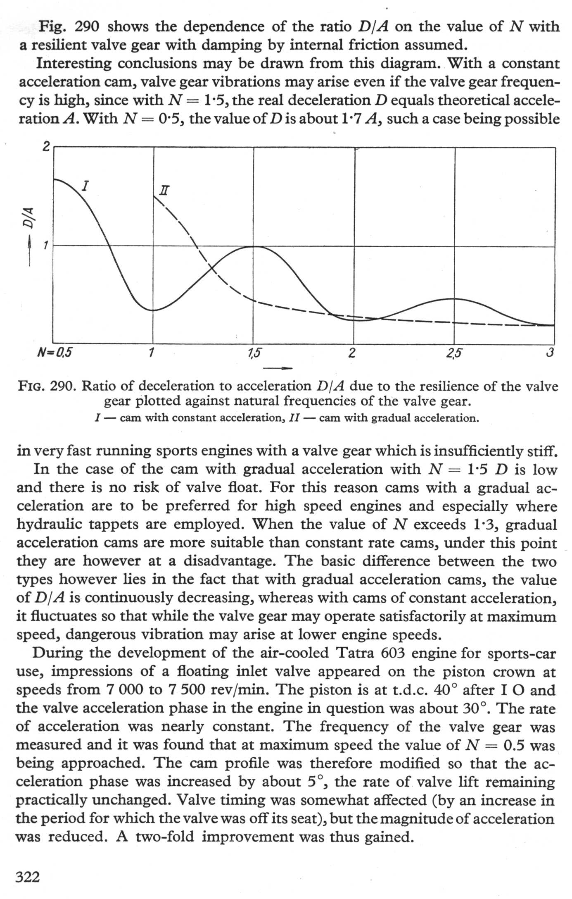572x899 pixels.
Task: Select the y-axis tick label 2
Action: [x=46, y=146]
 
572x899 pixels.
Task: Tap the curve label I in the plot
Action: [x=85, y=186]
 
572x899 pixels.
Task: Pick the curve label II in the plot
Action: [x=164, y=191]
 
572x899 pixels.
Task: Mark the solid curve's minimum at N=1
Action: [x=153, y=310]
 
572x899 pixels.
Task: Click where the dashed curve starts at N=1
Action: [x=154, y=196]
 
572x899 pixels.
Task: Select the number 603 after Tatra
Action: [x=395, y=653]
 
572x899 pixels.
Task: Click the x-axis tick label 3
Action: [x=549, y=353]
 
